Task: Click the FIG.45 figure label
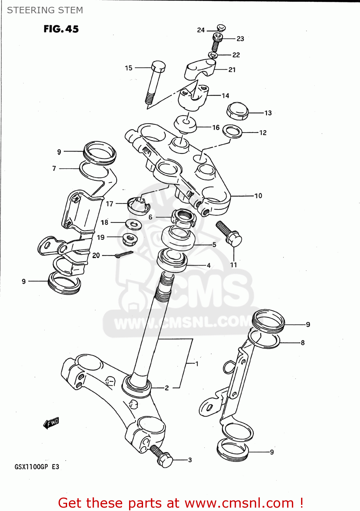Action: point(61,29)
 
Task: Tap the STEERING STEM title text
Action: point(45,10)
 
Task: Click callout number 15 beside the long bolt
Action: point(128,68)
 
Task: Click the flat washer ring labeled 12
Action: point(232,131)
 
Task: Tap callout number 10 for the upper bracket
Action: point(258,196)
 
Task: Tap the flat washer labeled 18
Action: point(134,224)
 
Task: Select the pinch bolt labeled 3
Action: point(162,457)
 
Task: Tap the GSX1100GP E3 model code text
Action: point(37,467)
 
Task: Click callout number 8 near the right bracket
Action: point(302,343)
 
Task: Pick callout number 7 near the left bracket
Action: point(54,168)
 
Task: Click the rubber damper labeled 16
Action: point(185,124)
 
